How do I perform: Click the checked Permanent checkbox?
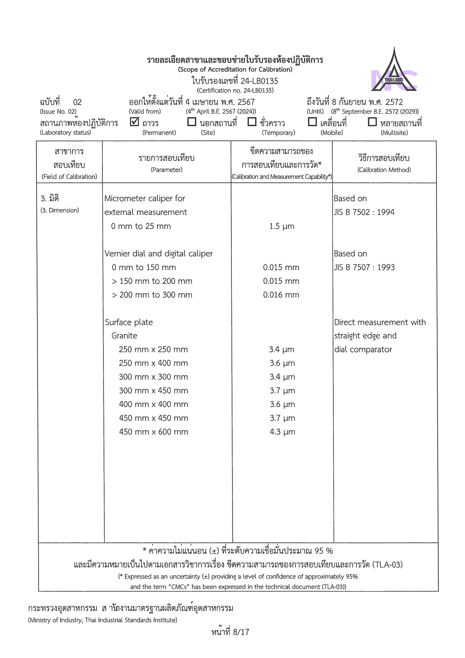pos(134,122)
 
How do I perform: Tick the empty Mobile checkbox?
pos(312,122)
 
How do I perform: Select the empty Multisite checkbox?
pos(372,122)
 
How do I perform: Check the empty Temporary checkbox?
pos(252,122)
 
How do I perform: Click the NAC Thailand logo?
pos(394,71)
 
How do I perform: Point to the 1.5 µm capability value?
pos(282,226)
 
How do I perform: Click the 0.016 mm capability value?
pos(281,295)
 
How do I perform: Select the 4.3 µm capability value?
pos(282,432)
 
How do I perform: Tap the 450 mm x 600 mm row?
pos(153,432)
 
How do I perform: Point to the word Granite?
pos(124,336)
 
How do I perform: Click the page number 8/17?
pos(230,632)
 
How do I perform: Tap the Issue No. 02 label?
pos(58,111)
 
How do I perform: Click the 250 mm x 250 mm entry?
pos(153,350)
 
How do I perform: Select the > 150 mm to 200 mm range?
pos(152,281)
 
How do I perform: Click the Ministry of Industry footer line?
pos(102,620)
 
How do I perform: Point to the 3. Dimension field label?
pos(60,210)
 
